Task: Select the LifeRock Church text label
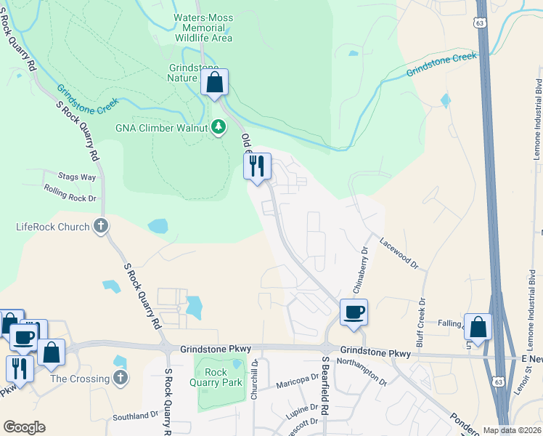[53, 227]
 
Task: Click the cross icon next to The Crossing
[121, 378]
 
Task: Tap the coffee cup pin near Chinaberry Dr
[354, 313]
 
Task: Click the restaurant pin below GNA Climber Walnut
[257, 167]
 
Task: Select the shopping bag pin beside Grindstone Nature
[215, 83]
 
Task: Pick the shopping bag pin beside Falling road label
[478, 328]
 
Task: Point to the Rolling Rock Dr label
[70, 193]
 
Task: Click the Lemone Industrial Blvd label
[537, 102]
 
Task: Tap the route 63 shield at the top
[479, 23]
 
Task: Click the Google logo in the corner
[24, 427]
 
